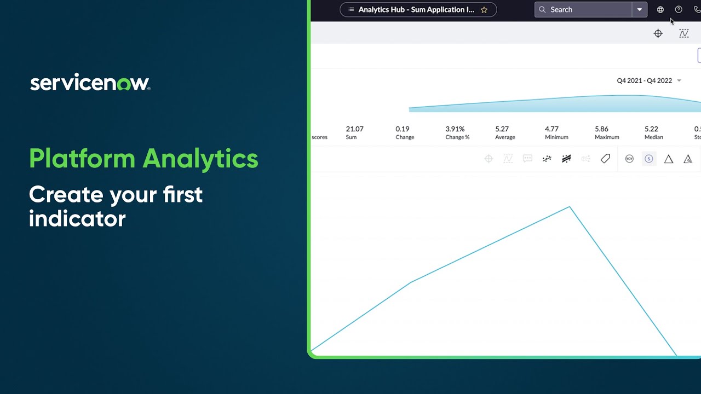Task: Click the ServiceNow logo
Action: pyautogui.click(x=90, y=83)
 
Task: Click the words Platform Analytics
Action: pyautogui.click(x=143, y=159)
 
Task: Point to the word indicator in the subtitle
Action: pyautogui.click(x=77, y=219)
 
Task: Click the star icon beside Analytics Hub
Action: pyautogui.click(x=484, y=10)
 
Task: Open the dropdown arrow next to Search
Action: pyautogui.click(x=639, y=10)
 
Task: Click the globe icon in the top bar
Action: pyautogui.click(x=660, y=10)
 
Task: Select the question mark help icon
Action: pyautogui.click(x=679, y=10)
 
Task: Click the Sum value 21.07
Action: pyautogui.click(x=354, y=129)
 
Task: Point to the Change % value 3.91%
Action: pyautogui.click(x=455, y=129)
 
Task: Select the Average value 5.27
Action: pyautogui.click(x=502, y=129)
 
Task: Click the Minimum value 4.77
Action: pyautogui.click(x=551, y=129)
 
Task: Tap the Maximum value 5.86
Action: pyautogui.click(x=601, y=129)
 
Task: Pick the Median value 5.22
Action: pyautogui.click(x=651, y=129)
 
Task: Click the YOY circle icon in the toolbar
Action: pyautogui.click(x=629, y=159)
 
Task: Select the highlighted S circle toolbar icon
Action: pyautogui.click(x=649, y=159)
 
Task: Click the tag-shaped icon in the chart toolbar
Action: pyautogui.click(x=605, y=159)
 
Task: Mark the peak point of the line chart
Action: pyautogui.click(x=570, y=207)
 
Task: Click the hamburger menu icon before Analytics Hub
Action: pyautogui.click(x=352, y=10)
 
